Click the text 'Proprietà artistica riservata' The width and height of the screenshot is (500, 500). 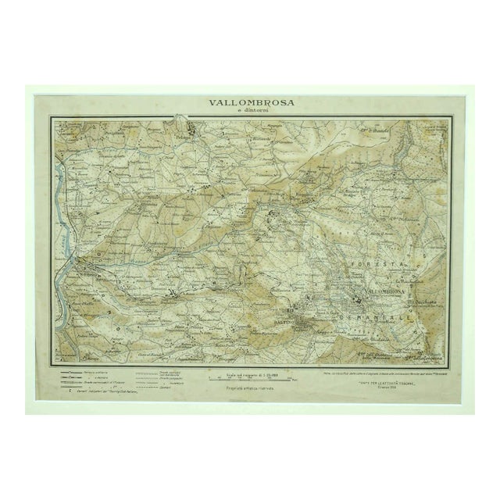click(x=249, y=388)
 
